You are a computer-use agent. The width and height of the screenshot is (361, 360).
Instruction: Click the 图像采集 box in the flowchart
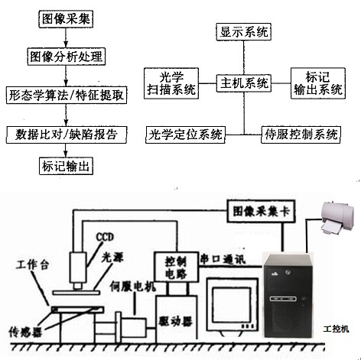click(x=66, y=19)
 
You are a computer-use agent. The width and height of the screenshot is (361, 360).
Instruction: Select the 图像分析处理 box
click(x=67, y=57)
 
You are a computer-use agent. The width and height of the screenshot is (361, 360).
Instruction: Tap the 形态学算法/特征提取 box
click(x=67, y=96)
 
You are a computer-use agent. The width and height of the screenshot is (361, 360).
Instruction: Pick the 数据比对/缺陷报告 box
click(x=67, y=135)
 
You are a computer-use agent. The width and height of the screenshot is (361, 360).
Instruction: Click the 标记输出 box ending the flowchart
click(x=66, y=166)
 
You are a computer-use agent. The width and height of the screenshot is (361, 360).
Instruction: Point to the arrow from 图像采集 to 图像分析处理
click(x=66, y=37)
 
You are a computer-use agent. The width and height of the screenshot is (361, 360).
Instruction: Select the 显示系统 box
click(x=244, y=32)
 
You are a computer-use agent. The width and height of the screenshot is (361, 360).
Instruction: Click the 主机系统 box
click(x=244, y=83)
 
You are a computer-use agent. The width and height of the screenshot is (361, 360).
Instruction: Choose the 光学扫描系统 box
click(x=171, y=83)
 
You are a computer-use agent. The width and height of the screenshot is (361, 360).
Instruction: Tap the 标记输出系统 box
click(x=318, y=83)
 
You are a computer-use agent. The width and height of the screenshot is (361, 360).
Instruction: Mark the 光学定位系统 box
click(x=185, y=135)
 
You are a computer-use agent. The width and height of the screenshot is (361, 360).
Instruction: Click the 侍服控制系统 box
click(x=301, y=135)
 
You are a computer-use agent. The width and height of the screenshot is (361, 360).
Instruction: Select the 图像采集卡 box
click(x=261, y=211)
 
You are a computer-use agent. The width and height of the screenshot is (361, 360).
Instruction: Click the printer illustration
click(x=338, y=219)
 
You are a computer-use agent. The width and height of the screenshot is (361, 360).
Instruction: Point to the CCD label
click(x=105, y=237)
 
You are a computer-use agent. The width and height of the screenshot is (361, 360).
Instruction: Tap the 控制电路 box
click(x=177, y=267)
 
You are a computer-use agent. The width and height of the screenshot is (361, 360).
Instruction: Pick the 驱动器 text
click(x=175, y=322)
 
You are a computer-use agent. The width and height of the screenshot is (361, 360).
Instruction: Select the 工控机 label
click(x=337, y=329)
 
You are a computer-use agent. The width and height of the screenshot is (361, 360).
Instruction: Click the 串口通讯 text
click(x=223, y=260)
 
